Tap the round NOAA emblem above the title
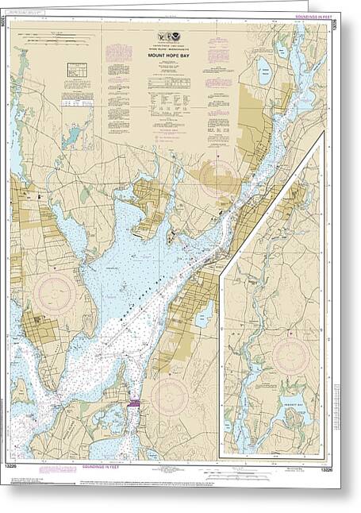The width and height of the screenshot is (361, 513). pyautogui.click(x=174, y=36)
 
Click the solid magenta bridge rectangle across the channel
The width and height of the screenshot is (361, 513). pyautogui.click(x=132, y=403)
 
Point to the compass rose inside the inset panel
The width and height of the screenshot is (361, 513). pyautogui.click(x=290, y=357)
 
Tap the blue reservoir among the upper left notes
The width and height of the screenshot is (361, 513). pyautogui.click(x=73, y=137)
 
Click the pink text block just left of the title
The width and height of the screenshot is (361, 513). pyautogui.click(x=119, y=56)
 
